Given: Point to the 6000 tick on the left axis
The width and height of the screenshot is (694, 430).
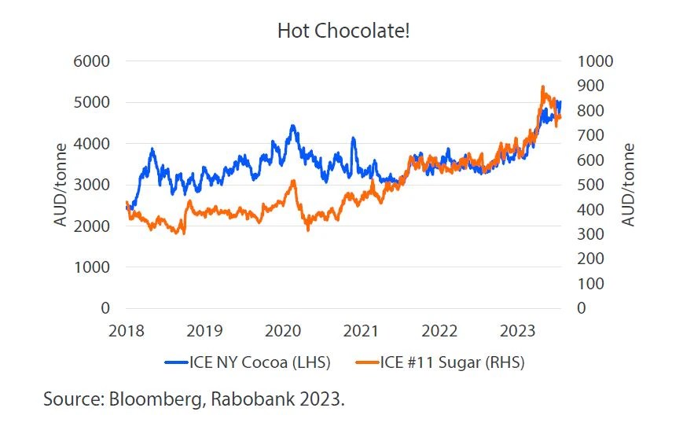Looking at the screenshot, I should click(x=92, y=61).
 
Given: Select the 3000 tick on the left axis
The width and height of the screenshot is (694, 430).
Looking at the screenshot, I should click(x=92, y=185).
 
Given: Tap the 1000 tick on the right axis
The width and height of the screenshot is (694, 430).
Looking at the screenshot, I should click(x=594, y=61).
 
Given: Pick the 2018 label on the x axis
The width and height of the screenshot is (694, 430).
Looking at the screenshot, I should click(x=126, y=329).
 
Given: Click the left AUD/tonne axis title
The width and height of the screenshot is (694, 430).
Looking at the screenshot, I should click(x=61, y=186).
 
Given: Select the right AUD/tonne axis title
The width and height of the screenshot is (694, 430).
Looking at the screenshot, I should click(x=627, y=186).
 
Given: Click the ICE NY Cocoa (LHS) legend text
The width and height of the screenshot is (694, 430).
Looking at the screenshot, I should click(x=259, y=362).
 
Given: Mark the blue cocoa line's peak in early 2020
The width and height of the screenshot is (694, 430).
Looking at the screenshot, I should click(x=292, y=126).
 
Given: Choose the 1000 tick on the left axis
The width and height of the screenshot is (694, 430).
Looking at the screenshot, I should click(x=92, y=267).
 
